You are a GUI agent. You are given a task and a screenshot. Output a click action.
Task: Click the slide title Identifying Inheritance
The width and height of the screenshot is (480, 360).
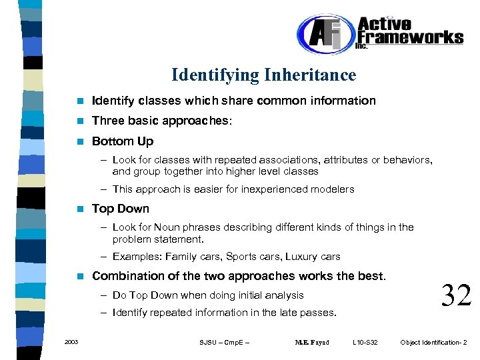tap(263, 75)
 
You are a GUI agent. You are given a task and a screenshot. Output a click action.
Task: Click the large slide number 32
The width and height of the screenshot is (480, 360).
tap(457, 295)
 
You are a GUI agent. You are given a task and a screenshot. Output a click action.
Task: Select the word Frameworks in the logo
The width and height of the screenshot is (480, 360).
tap(410, 37)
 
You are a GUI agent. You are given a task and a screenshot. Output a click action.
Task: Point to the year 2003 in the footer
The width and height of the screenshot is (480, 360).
tap(71, 342)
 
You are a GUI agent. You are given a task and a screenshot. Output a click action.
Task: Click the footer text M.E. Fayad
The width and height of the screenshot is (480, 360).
tap(312, 343)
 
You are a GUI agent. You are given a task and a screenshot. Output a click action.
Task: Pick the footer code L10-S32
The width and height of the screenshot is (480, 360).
tap(365, 343)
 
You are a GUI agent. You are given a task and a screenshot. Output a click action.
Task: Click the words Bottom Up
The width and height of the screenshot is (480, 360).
tap(123, 141)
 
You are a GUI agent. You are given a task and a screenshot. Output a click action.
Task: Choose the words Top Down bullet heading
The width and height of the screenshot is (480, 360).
tap(121, 209)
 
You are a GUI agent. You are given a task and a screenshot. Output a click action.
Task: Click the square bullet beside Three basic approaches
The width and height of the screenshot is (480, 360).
tap(80, 121)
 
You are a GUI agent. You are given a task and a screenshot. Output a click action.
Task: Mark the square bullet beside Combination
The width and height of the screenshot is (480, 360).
tap(80, 276)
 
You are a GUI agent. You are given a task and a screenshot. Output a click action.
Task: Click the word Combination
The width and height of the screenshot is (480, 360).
tap(125, 276)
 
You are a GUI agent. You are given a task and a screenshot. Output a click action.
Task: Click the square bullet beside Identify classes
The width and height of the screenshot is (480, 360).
tap(80, 101)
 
